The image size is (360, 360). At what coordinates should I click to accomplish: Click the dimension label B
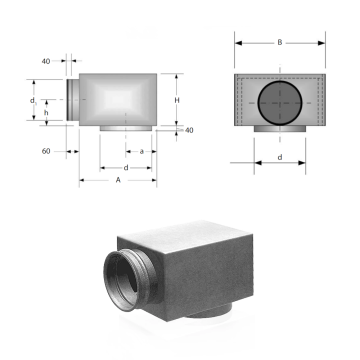(280, 42)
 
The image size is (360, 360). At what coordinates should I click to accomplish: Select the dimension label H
(177, 100)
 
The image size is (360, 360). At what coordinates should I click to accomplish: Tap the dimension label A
(118, 180)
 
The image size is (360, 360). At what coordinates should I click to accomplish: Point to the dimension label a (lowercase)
(142, 151)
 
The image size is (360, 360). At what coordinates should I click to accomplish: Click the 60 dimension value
(46, 151)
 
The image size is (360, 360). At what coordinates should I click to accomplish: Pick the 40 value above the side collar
(46, 61)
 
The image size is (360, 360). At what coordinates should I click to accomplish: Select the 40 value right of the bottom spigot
(189, 130)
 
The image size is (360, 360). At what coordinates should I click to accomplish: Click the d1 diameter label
(33, 100)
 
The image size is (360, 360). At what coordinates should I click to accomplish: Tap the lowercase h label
(46, 112)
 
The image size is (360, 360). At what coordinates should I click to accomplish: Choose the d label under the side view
(126, 168)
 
